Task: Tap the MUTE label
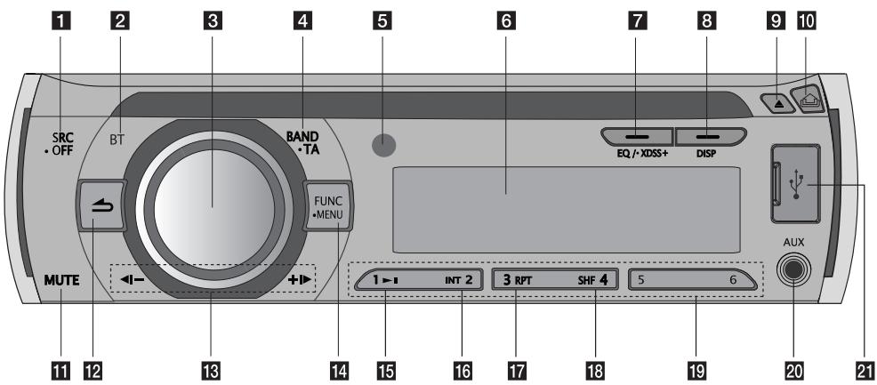coord(61,281)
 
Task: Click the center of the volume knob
coord(212,206)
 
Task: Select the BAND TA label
coord(303,143)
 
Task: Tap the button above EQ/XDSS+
coord(636,136)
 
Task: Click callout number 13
coord(213,367)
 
